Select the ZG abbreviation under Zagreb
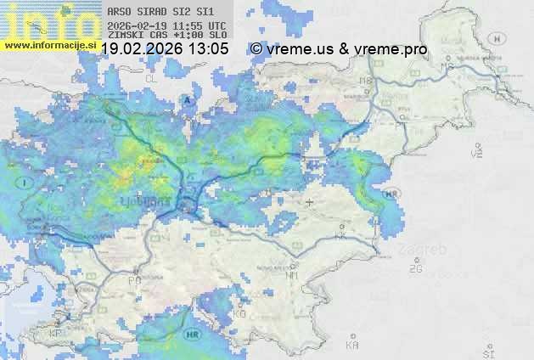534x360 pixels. pos(415,269)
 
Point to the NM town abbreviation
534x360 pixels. pos(293,275)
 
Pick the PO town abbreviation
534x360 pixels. pos(134,279)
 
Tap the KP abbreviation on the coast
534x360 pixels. pos(56,334)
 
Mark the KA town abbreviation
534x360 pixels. pos(352,346)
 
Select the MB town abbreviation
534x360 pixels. pos(367,81)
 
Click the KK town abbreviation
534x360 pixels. pos(342,237)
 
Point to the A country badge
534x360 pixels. pos(188,99)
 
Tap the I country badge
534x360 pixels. pos(26,183)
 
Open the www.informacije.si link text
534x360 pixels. pos(48,44)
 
